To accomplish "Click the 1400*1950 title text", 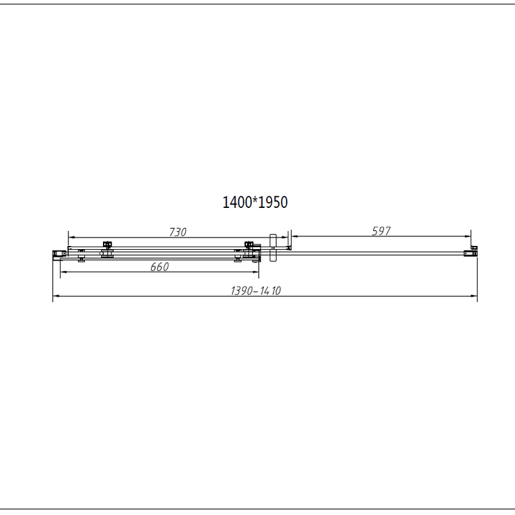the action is (255, 202).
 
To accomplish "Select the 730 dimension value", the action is (178, 232).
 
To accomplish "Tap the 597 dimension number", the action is (381, 231).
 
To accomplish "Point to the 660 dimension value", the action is (160, 267).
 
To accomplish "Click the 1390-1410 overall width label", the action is (256, 291).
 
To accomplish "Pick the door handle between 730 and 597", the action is (273, 248).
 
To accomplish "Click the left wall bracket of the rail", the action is (58, 254).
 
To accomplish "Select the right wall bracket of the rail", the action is (471, 253).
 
